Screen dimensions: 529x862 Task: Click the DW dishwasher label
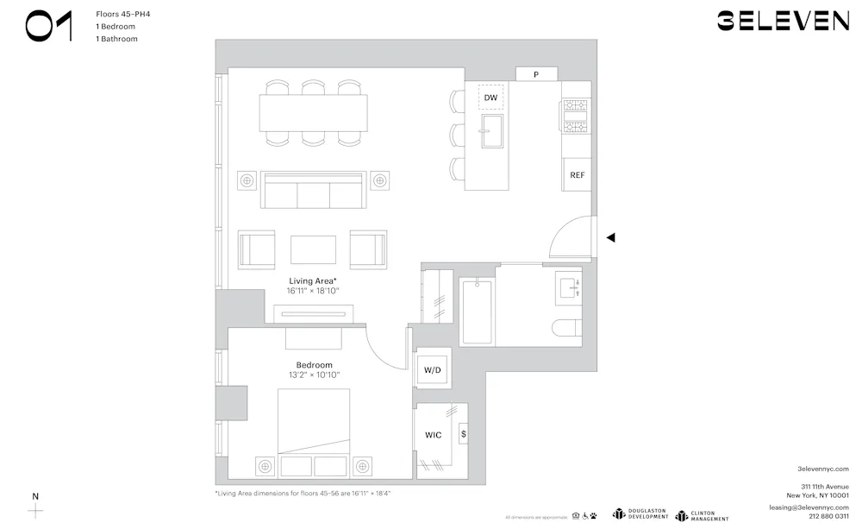pos(490,98)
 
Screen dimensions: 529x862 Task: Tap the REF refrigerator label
pos(577,174)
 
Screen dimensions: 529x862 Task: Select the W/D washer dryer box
pos(431,370)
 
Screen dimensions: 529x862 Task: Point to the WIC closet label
pos(433,435)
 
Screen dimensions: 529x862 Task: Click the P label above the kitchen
pos(536,75)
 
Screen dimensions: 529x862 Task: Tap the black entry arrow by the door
pos(610,237)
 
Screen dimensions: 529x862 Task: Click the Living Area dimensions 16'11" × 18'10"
pos(313,292)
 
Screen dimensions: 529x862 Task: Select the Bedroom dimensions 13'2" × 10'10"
pos(314,375)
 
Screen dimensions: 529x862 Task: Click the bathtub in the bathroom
pos(476,312)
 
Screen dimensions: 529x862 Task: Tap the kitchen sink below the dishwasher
pos(491,136)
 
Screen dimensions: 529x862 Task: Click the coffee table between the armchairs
pos(313,249)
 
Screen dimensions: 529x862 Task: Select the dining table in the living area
pos(313,112)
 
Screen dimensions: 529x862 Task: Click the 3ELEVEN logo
pos(783,22)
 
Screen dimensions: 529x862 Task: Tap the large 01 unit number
pos(49,27)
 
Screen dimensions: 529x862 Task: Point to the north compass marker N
pos(35,497)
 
